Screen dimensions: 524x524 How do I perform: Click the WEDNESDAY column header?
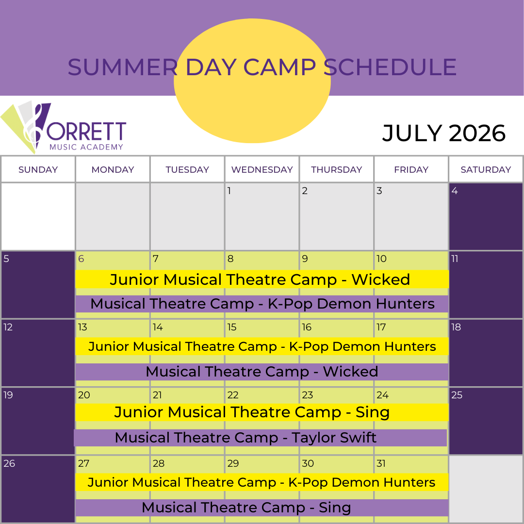(x=262, y=169)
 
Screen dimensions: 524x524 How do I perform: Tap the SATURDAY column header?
(x=486, y=169)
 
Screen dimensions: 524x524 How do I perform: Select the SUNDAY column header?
(x=38, y=169)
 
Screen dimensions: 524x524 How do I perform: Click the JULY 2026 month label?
(x=444, y=133)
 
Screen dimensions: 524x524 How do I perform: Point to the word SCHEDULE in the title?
(x=390, y=67)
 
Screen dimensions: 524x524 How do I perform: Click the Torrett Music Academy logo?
(x=64, y=127)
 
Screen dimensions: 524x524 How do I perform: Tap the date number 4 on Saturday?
(x=455, y=191)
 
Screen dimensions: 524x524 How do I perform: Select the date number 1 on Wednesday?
(x=229, y=191)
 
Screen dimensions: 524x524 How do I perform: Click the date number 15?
(x=232, y=327)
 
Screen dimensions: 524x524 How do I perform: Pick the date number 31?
(x=381, y=463)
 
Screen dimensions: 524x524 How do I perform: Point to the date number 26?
(x=9, y=463)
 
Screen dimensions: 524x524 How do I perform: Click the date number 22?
(x=233, y=395)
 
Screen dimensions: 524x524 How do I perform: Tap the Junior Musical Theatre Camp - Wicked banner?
(x=262, y=279)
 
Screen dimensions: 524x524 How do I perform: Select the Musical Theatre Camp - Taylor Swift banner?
(x=261, y=438)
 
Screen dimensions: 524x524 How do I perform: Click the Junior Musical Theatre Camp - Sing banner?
(x=262, y=412)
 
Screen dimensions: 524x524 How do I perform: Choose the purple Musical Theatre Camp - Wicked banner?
(x=262, y=372)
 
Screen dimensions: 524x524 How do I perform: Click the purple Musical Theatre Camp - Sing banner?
(x=262, y=508)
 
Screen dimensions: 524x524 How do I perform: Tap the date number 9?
(x=305, y=259)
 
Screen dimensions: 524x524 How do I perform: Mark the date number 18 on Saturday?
(x=456, y=327)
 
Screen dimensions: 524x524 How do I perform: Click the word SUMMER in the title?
(x=123, y=67)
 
